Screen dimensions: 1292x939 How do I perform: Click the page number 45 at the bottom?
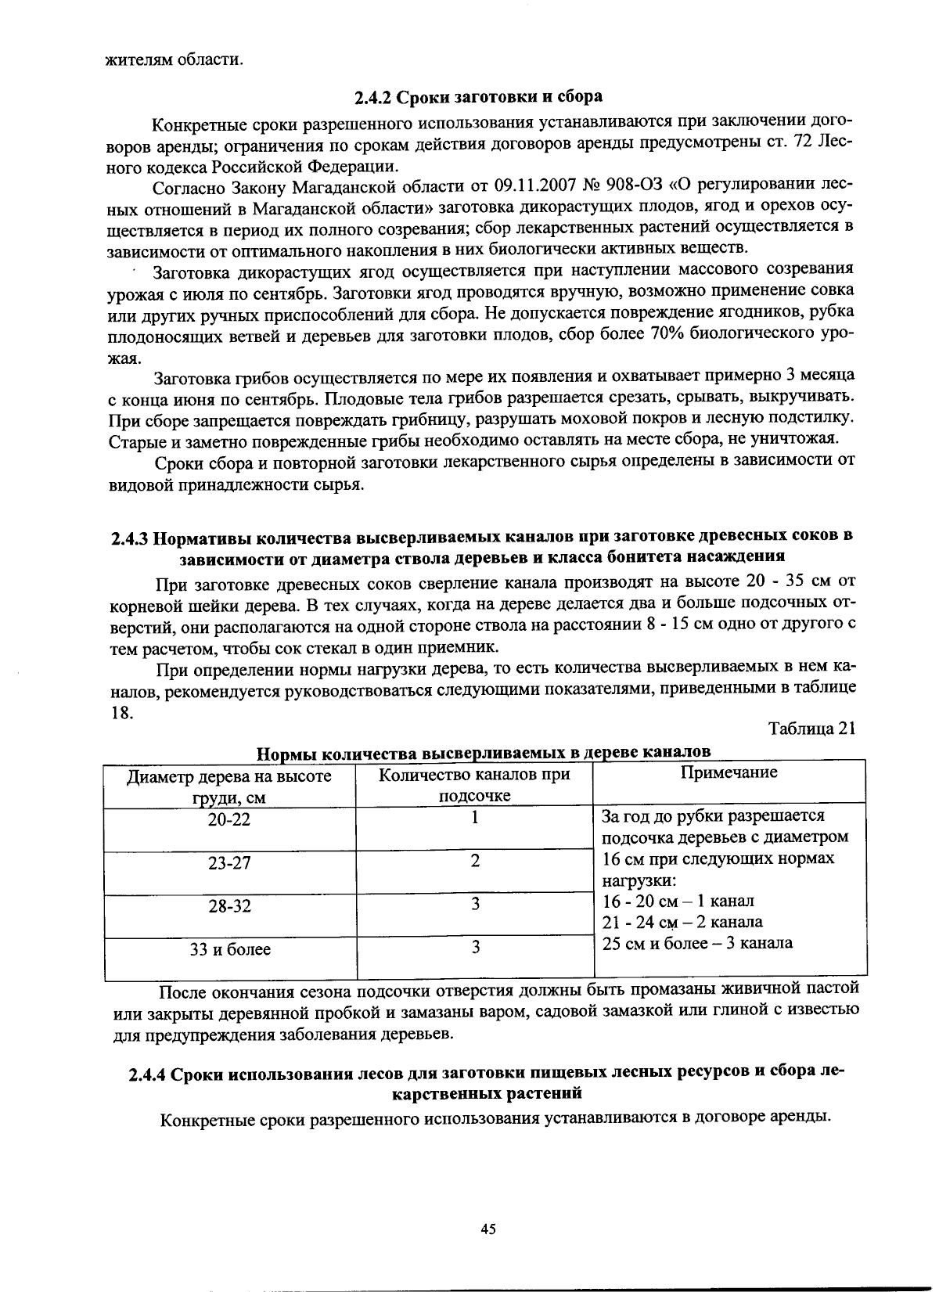(488, 1229)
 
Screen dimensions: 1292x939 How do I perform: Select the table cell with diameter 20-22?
(229, 820)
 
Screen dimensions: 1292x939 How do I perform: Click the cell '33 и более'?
(229, 950)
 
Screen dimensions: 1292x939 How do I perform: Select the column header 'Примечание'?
(729, 773)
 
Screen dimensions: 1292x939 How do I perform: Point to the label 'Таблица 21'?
(811, 728)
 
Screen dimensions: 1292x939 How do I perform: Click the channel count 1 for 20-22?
(474, 818)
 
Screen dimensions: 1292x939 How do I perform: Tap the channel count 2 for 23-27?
(474, 861)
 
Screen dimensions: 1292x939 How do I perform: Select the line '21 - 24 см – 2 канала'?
(682, 922)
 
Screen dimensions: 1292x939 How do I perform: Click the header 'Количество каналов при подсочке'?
(474, 784)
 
